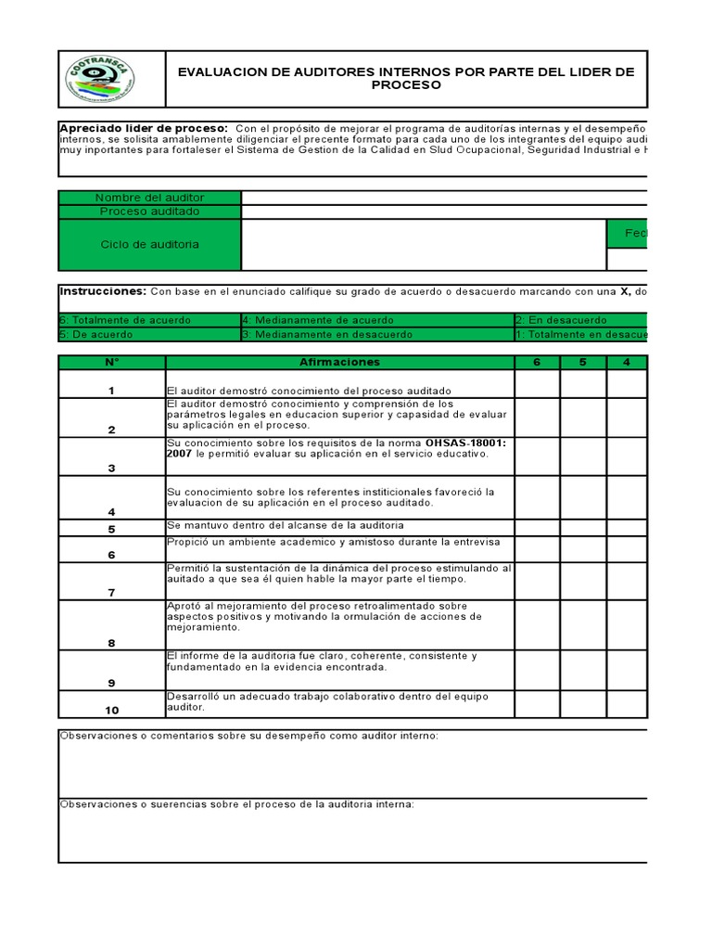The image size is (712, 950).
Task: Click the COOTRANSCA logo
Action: tap(100, 80)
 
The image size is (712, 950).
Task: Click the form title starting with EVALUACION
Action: tap(406, 79)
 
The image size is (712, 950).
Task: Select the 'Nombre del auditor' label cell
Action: tap(149, 198)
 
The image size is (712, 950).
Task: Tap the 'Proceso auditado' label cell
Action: tap(149, 212)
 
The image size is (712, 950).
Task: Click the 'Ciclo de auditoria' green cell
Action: tap(149, 245)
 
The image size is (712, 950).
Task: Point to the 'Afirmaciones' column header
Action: tap(339, 362)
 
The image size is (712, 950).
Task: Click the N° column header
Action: tap(111, 362)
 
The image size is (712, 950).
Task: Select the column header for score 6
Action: tap(537, 362)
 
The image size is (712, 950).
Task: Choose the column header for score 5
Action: tap(583, 362)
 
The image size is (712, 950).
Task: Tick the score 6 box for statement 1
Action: tap(537, 384)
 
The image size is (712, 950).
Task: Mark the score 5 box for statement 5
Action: tap(583, 528)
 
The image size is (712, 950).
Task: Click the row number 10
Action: tap(111, 711)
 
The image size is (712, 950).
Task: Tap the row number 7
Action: tap(111, 592)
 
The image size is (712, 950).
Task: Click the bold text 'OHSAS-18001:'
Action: tap(466, 443)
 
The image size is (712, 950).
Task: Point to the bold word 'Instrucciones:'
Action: tap(102, 291)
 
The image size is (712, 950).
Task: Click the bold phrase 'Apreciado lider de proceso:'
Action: tap(144, 127)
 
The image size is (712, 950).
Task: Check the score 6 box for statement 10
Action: tap(537, 703)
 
